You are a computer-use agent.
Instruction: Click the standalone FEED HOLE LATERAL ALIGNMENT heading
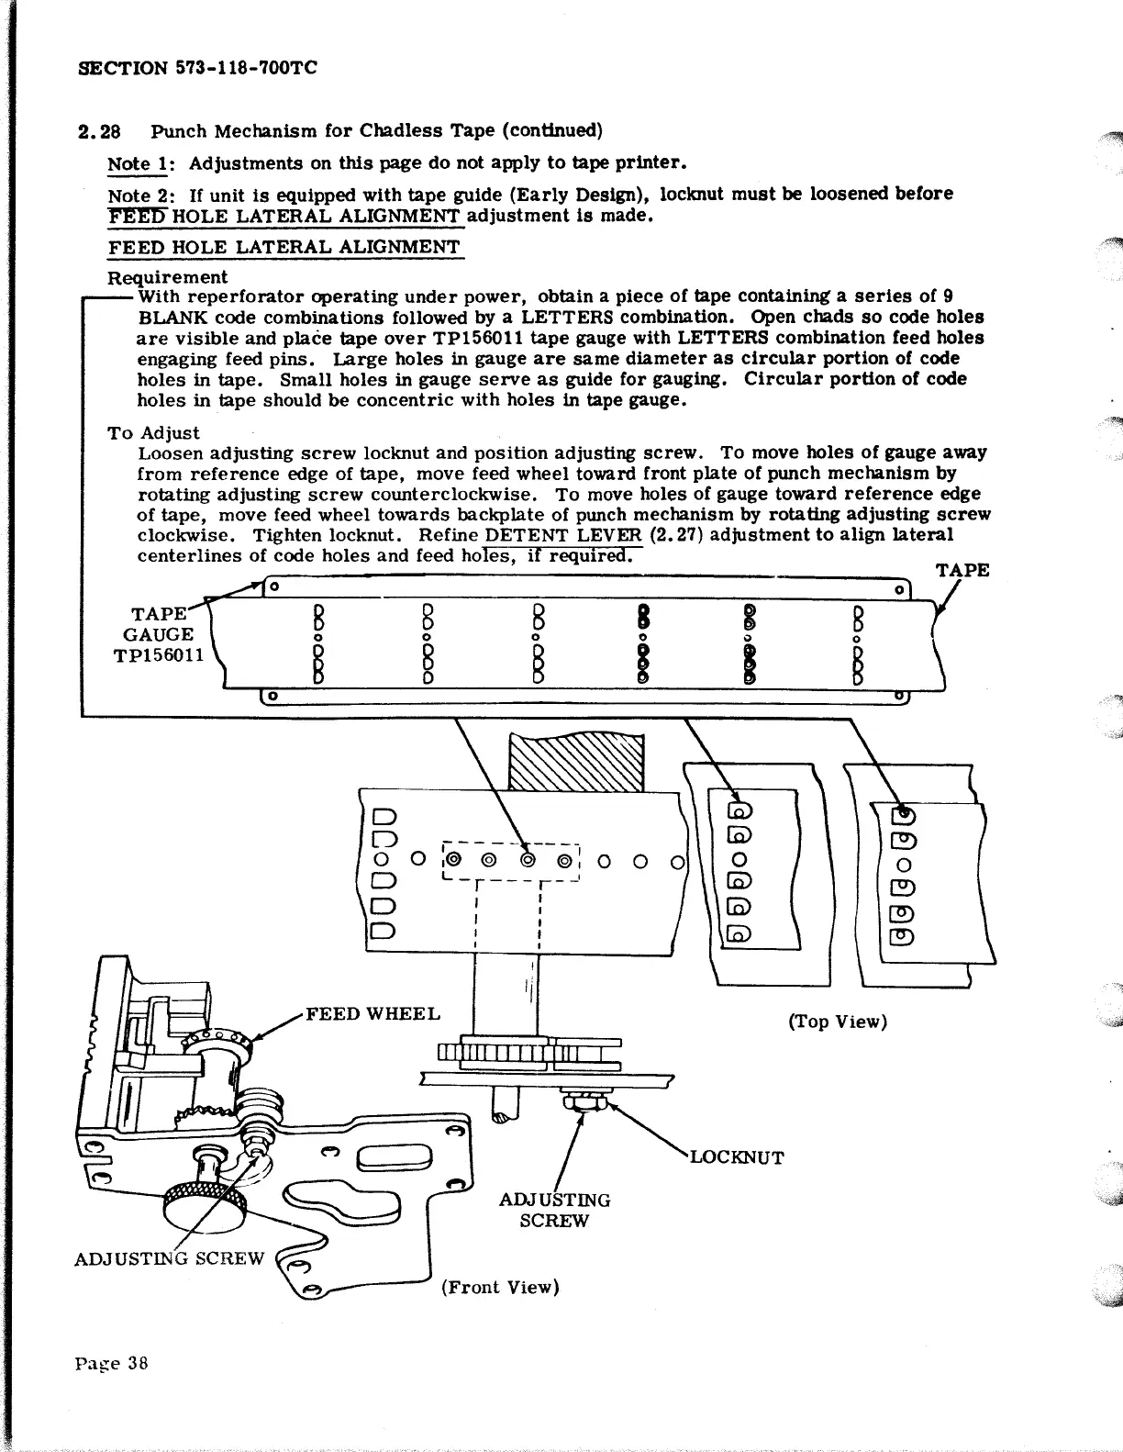(284, 247)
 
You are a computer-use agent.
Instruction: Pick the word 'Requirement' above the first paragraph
(168, 276)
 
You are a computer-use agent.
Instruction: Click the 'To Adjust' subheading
(153, 432)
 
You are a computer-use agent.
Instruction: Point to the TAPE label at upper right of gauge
(962, 570)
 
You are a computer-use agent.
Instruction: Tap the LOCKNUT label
(737, 1157)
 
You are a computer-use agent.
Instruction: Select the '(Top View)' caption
(838, 1022)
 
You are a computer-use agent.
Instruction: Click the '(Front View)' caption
(499, 1287)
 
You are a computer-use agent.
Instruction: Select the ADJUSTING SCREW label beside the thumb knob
(169, 1257)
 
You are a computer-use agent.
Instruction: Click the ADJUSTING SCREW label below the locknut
(554, 1210)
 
